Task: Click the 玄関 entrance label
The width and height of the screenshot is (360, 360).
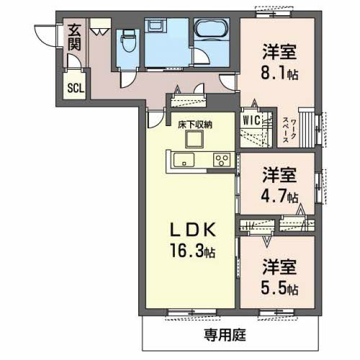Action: pyautogui.click(x=74, y=37)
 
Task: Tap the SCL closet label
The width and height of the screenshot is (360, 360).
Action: pyautogui.click(x=76, y=88)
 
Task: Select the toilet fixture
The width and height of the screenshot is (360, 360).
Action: pyautogui.click(x=128, y=40)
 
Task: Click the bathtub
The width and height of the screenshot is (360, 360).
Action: pyautogui.click(x=212, y=28)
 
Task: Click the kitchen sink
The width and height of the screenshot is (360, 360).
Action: pyautogui.click(x=184, y=159)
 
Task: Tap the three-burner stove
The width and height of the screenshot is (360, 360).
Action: pyautogui.click(x=222, y=160)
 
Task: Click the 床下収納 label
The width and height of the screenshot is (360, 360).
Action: pyautogui.click(x=195, y=125)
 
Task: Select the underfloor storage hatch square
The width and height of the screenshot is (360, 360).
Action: pyautogui.click(x=194, y=140)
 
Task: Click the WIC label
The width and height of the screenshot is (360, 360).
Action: pyautogui.click(x=251, y=120)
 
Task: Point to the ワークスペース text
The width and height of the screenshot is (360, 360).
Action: pyautogui.click(x=289, y=130)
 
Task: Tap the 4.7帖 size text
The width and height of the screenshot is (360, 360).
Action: pyautogui.click(x=279, y=197)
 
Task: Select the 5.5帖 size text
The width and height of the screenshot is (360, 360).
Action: pyautogui.click(x=279, y=289)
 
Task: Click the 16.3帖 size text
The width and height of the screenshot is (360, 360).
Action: pyautogui.click(x=193, y=251)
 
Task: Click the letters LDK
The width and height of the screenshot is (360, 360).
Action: pyautogui.click(x=193, y=230)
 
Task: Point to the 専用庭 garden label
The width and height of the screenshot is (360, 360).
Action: pyautogui.click(x=225, y=335)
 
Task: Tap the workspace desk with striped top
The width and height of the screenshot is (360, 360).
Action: pyautogui.click(x=307, y=127)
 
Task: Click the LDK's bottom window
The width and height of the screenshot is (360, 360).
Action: pyautogui.click(x=192, y=312)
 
